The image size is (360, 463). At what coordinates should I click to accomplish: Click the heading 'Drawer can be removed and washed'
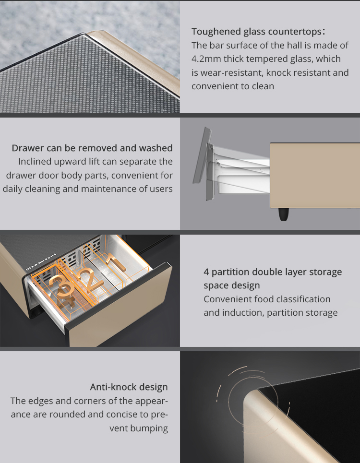(x=92, y=148)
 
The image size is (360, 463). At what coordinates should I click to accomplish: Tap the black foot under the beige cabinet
(x=284, y=214)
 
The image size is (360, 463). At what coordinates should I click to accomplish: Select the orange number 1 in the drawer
(x=117, y=263)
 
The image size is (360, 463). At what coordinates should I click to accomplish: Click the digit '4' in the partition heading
(x=206, y=272)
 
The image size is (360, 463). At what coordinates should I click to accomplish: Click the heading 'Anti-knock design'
(x=129, y=387)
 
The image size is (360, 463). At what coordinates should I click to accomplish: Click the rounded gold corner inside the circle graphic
(x=252, y=397)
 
